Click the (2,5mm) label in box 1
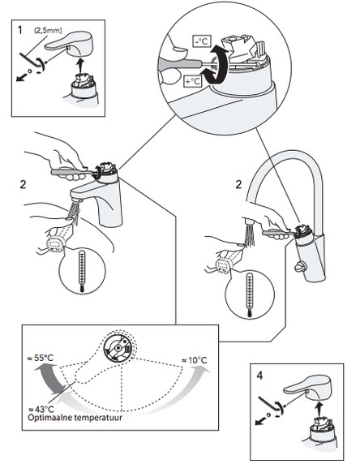click(48, 31)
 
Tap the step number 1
click(19, 30)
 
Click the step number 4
click(259, 376)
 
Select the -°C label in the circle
click(202, 41)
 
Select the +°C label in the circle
click(193, 81)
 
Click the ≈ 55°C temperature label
click(41, 358)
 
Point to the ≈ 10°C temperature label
click(194, 360)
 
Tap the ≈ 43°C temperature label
click(41, 410)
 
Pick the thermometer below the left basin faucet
click(82, 271)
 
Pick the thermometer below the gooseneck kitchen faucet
click(250, 296)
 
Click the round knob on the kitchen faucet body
click(299, 267)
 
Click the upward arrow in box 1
click(79, 65)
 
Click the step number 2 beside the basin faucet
click(23, 184)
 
